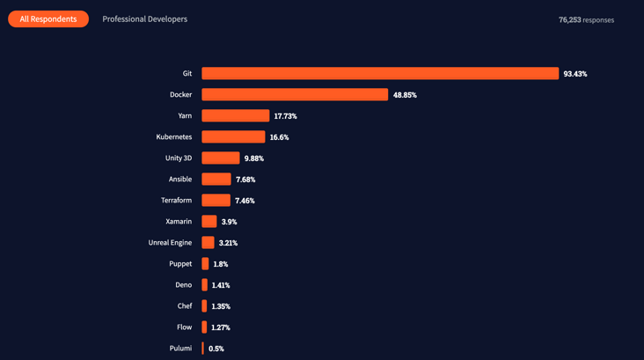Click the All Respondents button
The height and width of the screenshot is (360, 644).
coord(48,18)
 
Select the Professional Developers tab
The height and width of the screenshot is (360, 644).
coord(144,18)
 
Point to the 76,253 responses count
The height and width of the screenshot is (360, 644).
coord(586,19)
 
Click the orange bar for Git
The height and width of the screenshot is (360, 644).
coord(380,74)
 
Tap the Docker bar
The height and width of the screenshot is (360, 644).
coord(295,95)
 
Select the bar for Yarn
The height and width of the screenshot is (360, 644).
coord(236,116)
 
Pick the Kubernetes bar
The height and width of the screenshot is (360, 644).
coord(233,137)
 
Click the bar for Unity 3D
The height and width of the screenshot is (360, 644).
coord(221,158)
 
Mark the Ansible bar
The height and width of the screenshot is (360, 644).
coord(216,180)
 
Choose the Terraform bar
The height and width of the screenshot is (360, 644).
coord(216,201)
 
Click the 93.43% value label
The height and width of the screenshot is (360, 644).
coord(575,74)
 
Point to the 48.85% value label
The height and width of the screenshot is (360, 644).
coord(405,95)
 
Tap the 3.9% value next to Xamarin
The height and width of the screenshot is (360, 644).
coord(229,222)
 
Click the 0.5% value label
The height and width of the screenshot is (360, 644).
coord(216,349)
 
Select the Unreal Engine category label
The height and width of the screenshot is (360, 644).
coord(170,243)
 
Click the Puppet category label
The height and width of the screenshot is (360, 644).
coord(180,264)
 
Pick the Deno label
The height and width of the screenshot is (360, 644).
coord(183,285)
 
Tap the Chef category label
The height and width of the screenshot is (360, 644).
coord(185,306)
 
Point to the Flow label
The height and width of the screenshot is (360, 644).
coord(184,327)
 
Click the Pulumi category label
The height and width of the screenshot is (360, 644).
coord(180,349)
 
